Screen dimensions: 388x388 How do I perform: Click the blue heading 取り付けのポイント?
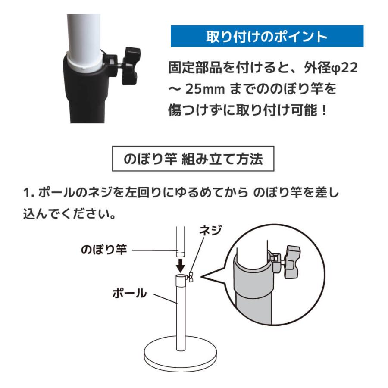pyautogui.click(x=267, y=36)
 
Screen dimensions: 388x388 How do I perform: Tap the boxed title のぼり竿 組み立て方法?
pyautogui.click(x=193, y=160)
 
